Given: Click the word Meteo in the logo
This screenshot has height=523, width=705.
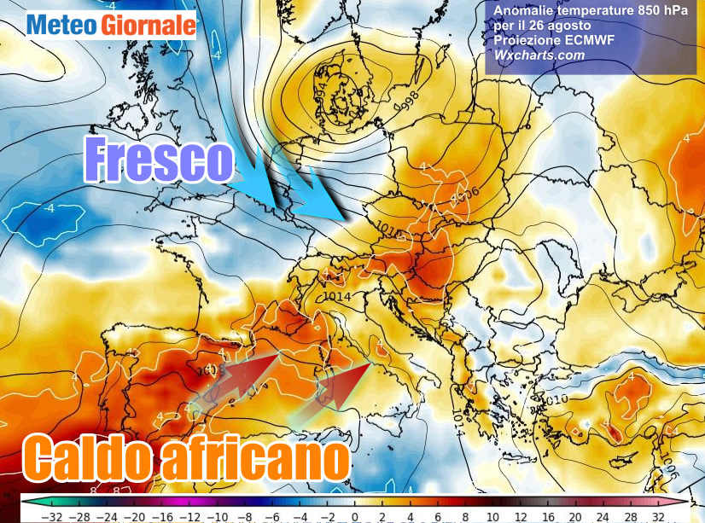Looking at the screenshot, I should pyautogui.click(x=61, y=25).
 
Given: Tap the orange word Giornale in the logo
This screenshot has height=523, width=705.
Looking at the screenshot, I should pyautogui.click(x=149, y=26).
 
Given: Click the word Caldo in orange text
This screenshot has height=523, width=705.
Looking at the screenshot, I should pyautogui.click(x=84, y=461).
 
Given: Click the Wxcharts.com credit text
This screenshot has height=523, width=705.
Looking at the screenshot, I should pyautogui.click(x=540, y=55).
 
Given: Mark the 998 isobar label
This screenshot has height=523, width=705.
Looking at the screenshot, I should pyautogui.click(x=406, y=99).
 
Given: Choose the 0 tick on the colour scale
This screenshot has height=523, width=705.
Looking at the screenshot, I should pyautogui.click(x=355, y=515).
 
